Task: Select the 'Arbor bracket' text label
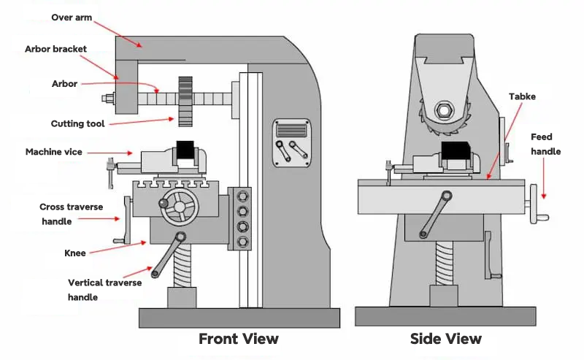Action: pos(55,49)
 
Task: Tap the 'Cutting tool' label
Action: pos(78,123)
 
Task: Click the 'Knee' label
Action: pos(75,253)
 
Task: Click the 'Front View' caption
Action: pos(239,338)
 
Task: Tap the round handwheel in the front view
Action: pos(179,207)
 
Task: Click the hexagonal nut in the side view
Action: pos(444,112)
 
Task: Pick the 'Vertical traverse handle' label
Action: pos(104,290)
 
